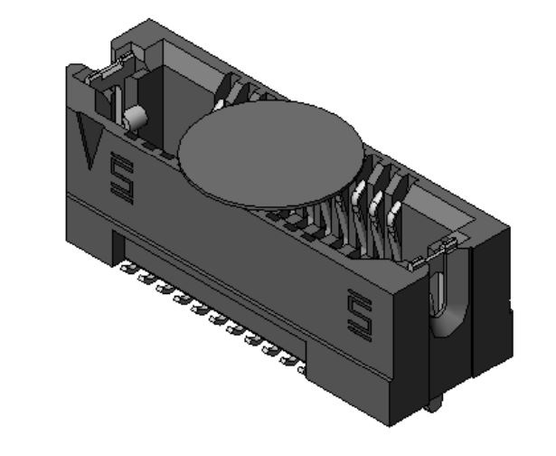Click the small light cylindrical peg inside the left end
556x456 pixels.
[136, 117]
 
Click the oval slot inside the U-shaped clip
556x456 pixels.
[443, 294]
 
